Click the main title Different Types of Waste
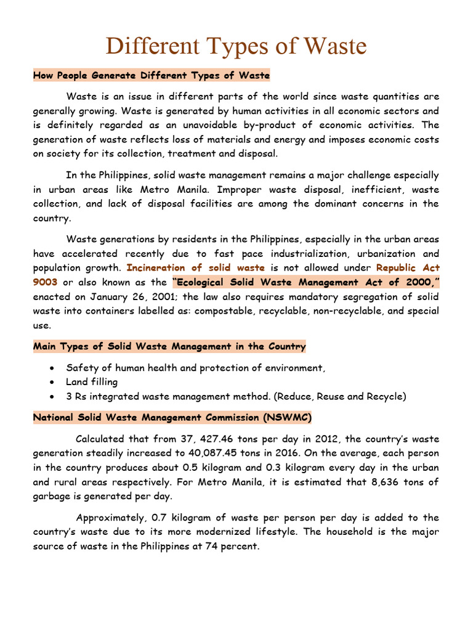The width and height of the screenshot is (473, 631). [236, 46]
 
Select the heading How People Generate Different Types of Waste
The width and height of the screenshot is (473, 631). [152, 76]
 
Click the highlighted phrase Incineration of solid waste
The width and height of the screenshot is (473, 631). [196, 268]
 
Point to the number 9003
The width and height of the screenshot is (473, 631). [45, 282]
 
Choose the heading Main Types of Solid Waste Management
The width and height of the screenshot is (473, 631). [169, 347]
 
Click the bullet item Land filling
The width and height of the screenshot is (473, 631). [92, 382]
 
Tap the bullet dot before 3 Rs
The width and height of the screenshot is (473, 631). [54, 396]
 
